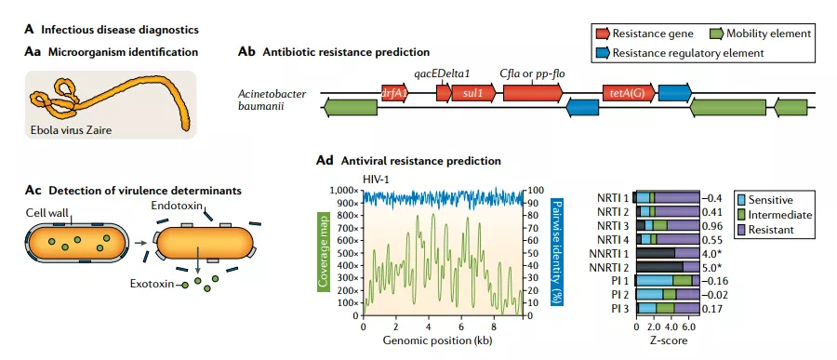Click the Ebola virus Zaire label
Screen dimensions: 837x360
pyautogui.click(x=70, y=129)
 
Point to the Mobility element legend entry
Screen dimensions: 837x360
pyautogui.click(x=762, y=34)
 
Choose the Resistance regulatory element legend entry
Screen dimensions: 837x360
pyautogui.click(x=681, y=53)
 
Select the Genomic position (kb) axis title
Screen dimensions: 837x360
pyautogui.click(x=437, y=340)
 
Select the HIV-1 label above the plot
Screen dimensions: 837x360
pyautogui.click(x=376, y=179)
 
